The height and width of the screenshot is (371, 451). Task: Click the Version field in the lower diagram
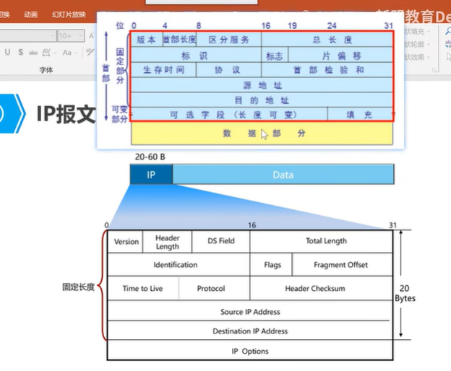point(126,242)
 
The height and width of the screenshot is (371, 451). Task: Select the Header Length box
point(167,242)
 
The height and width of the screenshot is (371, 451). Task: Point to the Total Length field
point(325,241)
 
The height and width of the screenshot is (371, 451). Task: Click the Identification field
point(175,265)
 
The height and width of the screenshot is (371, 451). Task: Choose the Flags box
point(272,265)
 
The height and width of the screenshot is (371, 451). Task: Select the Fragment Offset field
point(340,265)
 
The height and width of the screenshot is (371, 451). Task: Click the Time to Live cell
point(142,289)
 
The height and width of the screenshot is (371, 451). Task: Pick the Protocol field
point(211,289)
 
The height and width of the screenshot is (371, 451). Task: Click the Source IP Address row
point(250,312)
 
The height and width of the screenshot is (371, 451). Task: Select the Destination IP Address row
point(250,331)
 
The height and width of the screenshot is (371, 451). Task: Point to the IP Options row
point(250,351)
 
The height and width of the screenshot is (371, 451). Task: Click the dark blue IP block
point(151,175)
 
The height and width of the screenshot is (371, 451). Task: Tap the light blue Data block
point(283,175)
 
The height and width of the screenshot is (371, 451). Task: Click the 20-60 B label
point(150,157)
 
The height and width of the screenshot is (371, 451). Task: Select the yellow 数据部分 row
point(262,134)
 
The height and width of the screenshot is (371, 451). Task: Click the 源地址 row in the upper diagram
point(262,85)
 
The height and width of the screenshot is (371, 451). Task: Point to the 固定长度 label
point(79,287)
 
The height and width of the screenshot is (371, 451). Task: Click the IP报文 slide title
point(66,113)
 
